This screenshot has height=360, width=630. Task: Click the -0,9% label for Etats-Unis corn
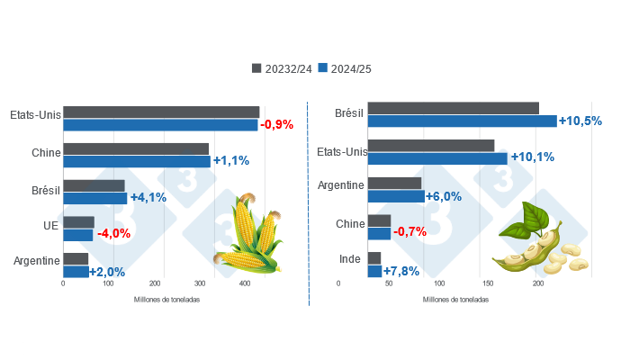[276, 125]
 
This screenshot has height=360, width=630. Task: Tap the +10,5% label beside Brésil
[580, 121]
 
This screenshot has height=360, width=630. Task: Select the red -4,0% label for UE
[113, 233]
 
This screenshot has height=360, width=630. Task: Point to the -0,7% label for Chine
[410, 231]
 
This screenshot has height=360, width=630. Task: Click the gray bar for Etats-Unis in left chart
[161, 112]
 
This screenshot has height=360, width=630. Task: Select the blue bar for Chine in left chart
[137, 162]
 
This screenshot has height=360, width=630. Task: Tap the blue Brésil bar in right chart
[462, 121]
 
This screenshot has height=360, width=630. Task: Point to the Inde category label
[350, 260]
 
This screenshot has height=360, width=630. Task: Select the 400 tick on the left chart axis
[247, 284]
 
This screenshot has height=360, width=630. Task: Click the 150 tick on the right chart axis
[488, 284]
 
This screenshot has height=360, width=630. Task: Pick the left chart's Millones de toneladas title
[166, 299]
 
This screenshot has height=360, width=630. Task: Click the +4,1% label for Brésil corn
[148, 197]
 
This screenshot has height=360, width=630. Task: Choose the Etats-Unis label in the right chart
[342, 151]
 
